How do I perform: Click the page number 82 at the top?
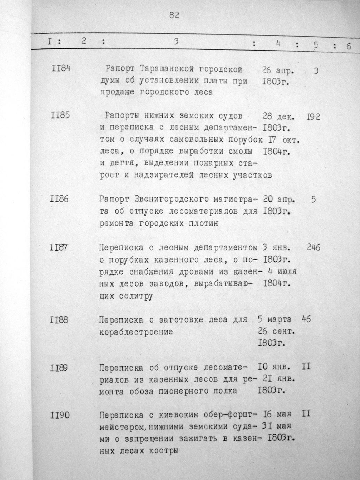coord(174,15)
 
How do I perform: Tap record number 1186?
coord(60,199)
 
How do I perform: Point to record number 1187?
coord(59,247)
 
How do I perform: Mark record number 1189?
coord(59,367)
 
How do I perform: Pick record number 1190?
coord(60,415)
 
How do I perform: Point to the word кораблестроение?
coord(136,332)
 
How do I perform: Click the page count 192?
coord(313,116)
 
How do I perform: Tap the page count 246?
coord(313,248)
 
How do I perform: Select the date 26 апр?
coord(278,71)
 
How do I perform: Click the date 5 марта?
coord(275,319)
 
